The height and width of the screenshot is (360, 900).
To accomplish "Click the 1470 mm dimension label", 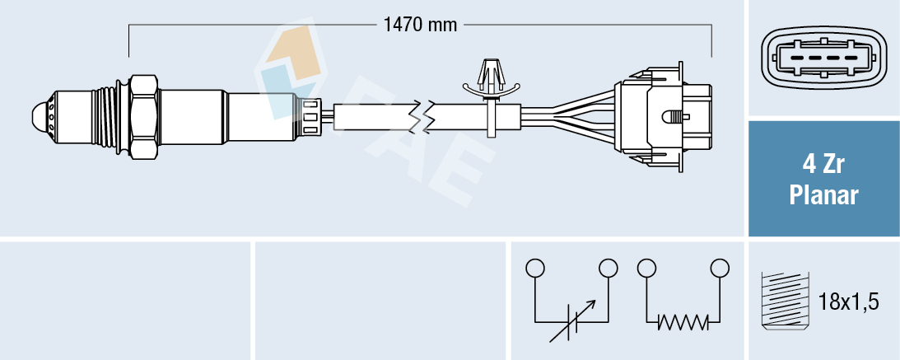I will pyautogui.click(x=420, y=25).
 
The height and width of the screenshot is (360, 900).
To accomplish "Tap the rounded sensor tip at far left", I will pyautogui.click(x=39, y=115).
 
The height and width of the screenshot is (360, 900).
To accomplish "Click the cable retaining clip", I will pyautogui.click(x=492, y=91).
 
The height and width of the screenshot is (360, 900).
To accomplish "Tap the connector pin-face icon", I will pyautogui.click(x=823, y=59).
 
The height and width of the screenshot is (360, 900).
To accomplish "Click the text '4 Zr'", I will pyautogui.click(x=823, y=166).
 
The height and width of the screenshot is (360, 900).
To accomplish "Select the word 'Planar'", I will pyautogui.click(x=823, y=196).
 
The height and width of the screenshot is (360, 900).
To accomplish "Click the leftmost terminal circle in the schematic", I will pyautogui.click(x=535, y=268).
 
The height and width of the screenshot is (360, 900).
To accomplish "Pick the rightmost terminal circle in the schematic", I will pyautogui.click(x=720, y=268).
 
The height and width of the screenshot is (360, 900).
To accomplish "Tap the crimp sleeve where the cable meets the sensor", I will pyautogui.click(x=311, y=115).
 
